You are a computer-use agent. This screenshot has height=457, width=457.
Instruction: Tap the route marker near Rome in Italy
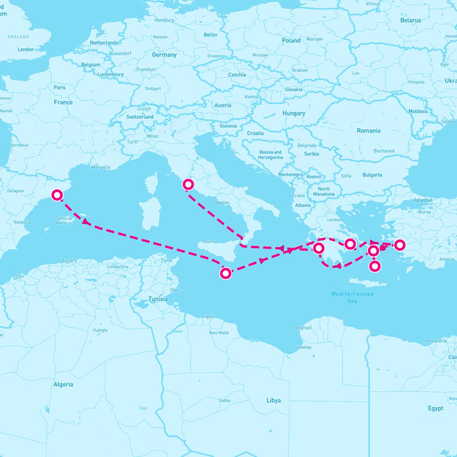[188, 184]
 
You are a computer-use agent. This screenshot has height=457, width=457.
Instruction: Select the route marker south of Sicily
[226, 273]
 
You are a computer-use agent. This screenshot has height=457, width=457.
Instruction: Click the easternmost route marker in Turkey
[399, 245]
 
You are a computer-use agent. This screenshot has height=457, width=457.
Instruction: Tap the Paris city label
[59, 88]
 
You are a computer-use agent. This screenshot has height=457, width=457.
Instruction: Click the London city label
[26, 50]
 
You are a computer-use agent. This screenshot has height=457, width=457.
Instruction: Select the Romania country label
[368, 131]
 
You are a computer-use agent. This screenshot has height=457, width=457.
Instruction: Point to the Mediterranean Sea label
[352, 297]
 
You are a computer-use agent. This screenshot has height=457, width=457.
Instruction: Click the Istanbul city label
[423, 200]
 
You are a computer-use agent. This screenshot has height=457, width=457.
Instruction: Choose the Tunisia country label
[158, 299]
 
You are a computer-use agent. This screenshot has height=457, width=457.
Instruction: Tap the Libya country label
[273, 400]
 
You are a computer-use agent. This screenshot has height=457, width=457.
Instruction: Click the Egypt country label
[435, 408]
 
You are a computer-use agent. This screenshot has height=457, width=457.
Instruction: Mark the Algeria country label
[63, 384]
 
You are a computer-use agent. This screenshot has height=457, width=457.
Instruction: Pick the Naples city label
[222, 203]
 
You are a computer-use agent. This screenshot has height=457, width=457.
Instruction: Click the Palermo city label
[210, 241]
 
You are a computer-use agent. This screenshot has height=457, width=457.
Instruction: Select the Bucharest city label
[384, 151]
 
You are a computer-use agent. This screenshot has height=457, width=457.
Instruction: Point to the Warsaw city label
[314, 39]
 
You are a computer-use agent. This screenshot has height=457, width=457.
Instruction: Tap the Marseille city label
[101, 167]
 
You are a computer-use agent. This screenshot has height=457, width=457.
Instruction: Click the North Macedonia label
[324, 192]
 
